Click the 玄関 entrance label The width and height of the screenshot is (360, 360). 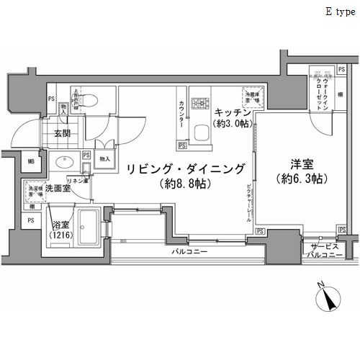click(x=62, y=133)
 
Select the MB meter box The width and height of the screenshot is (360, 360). click(x=30, y=161)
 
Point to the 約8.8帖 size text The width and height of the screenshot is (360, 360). click(x=185, y=184)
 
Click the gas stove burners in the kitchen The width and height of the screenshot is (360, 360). click(x=199, y=100)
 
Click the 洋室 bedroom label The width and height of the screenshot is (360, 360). click(x=290, y=163)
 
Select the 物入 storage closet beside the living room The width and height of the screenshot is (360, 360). click(x=104, y=158)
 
